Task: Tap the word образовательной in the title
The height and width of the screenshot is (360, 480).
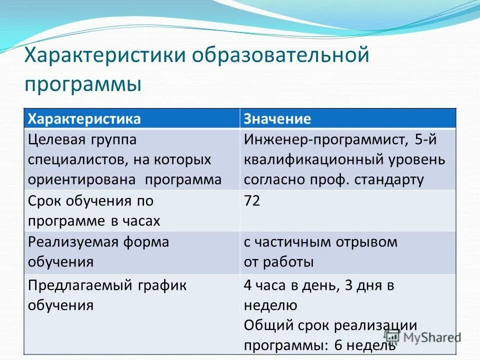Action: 280,54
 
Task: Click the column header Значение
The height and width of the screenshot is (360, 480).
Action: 277,118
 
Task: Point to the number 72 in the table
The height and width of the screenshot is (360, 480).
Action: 252,201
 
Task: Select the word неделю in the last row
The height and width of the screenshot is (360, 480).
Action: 270,305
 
